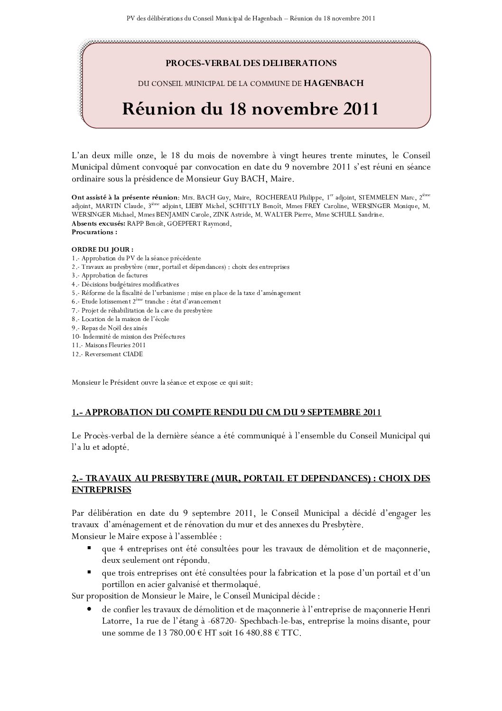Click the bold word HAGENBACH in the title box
tap(334, 83)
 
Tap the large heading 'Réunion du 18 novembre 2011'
tap(251, 109)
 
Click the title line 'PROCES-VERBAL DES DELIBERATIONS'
tap(251, 63)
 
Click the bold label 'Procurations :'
tap(94, 232)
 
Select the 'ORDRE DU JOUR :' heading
tap(102, 249)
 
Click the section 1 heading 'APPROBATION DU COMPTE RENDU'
tap(227, 412)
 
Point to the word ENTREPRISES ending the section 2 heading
tap(101, 490)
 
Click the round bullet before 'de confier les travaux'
tap(89, 609)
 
